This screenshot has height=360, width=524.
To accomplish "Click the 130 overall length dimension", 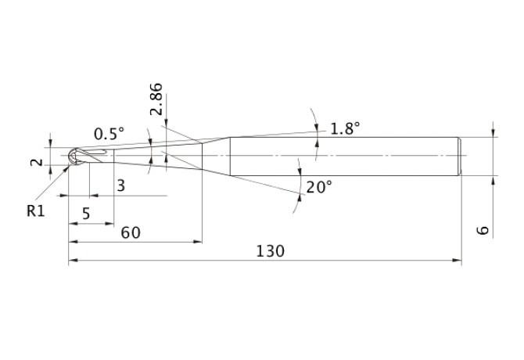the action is [x=270, y=251].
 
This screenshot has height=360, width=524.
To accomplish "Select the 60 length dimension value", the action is [x=131, y=232].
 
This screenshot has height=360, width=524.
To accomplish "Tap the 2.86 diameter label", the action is [x=156, y=99].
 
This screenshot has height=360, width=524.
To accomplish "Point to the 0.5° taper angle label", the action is [x=109, y=134].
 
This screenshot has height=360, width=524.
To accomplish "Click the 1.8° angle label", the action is [x=345, y=128].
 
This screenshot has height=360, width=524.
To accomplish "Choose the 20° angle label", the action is [x=319, y=187].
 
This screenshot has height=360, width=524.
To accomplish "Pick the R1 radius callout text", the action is [x=36, y=211].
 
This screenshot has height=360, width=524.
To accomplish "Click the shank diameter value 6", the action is [x=483, y=230].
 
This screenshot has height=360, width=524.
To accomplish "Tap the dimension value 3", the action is [x=121, y=185].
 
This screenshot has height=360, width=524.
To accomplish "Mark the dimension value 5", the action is [x=86, y=214].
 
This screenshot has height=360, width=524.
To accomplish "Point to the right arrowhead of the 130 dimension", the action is [x=457, y=260].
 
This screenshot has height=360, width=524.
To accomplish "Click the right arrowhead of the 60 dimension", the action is [x=198, y=241].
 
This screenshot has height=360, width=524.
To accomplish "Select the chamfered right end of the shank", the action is [x=460, y=156].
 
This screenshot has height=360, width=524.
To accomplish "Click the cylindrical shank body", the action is [x=344, y=156].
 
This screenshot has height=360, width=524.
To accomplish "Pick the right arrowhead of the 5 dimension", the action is [x=109, y=224].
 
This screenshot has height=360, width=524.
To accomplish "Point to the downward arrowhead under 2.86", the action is [x=167, y=123].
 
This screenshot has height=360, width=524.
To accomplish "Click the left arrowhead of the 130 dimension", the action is [x=74, y=260].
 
